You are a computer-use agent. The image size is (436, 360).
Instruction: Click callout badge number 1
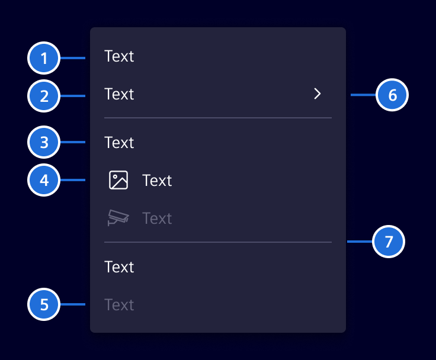(44, 58)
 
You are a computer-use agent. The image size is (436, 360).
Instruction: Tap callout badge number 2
(44, 96)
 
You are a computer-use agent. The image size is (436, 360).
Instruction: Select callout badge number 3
(44, 142)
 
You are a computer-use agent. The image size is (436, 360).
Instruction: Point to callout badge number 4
(44, 180)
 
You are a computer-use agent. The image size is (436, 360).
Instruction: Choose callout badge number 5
(44, 304)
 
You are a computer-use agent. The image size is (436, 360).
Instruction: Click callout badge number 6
(392, 95)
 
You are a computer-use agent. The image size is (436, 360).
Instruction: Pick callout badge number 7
(389, 242)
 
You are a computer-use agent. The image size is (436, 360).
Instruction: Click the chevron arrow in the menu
(318, 94)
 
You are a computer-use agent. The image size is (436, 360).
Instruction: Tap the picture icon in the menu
(118, 180)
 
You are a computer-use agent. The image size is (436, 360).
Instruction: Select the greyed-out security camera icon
(118, 218)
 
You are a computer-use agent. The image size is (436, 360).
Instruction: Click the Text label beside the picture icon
(157, 181)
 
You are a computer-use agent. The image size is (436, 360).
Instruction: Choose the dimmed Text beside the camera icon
(157, 218)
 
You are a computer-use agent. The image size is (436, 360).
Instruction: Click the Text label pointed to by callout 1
(119, 56)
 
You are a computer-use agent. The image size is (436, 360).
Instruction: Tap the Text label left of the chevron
(119, 94)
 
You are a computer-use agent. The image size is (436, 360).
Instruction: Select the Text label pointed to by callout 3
(119, 143)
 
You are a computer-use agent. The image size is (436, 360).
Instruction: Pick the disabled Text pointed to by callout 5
(119, 305)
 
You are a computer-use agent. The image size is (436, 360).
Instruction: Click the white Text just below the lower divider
(119, 267)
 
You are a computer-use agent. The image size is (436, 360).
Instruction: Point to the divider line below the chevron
(218, 118)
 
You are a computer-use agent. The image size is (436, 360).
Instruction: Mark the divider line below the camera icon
(218, 242)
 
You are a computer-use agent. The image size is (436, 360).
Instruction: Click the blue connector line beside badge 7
(360, 242)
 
